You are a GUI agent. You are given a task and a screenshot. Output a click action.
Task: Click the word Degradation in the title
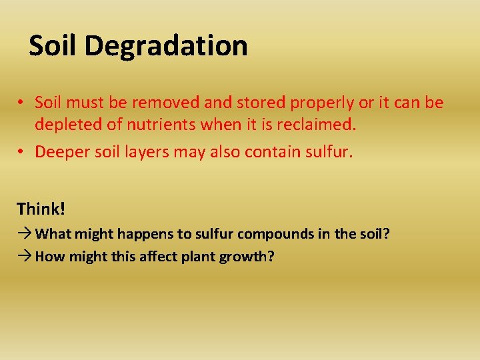click(x=166, y=46)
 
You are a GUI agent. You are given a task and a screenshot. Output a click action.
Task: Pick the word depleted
click(x=65, y=124)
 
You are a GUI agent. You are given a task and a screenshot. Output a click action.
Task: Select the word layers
click(x=147, y=153)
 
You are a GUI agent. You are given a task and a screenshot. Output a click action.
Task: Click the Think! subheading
click(x=41, y=209)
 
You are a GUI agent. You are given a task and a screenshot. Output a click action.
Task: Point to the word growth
click(x=247, y=257)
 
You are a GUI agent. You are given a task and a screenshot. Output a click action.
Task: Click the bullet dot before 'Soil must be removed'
click(x=22, y=103)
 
